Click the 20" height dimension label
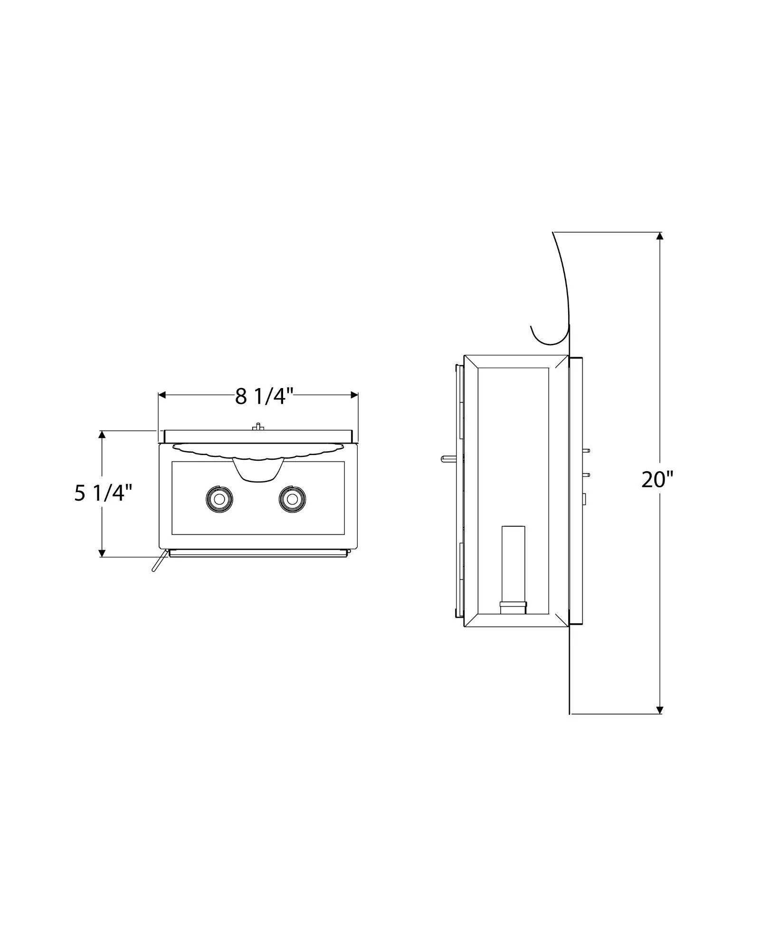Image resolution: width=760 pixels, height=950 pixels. [658, 479]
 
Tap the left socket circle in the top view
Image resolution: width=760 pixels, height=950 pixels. [219, 499]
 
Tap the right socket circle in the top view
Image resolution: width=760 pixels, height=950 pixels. [293, 499]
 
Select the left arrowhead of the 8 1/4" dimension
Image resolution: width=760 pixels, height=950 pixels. [162, 395]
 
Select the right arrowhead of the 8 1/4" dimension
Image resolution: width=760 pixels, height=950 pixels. [354, 395]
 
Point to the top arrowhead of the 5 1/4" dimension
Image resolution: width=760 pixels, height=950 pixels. [102, 435]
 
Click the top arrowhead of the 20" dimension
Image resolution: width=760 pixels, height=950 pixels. [659, 236]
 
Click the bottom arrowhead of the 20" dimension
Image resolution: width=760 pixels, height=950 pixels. [659, 723]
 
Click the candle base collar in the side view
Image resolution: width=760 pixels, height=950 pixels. [513, 608]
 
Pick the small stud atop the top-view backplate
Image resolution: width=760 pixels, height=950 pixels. [257, 426]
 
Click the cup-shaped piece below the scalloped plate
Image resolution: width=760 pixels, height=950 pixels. [257, 469]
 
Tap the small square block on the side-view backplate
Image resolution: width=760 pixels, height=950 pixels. [584, 499]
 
